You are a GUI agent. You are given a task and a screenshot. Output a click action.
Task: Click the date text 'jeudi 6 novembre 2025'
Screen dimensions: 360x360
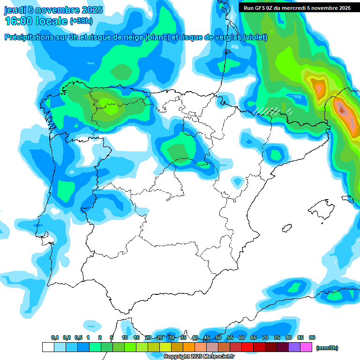coord(54,10)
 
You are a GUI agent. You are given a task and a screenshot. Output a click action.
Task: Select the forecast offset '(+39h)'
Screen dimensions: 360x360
coord(81,21)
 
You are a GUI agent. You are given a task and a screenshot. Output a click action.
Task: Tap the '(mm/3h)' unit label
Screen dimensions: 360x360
coord(327,348)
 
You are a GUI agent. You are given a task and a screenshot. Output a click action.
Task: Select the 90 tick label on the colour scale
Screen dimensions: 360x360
coord(312,337)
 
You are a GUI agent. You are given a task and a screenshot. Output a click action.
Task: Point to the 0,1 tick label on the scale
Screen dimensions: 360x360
coord(55,337)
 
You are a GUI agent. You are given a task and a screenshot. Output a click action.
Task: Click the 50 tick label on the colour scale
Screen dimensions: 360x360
coord(218,337)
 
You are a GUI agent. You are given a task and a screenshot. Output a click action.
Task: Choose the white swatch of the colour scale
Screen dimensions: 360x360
coord(48,347)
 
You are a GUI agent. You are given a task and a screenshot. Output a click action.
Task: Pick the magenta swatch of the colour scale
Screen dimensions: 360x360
coord(306,347)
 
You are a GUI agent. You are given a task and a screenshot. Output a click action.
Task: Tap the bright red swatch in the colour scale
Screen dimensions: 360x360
coord(247,347)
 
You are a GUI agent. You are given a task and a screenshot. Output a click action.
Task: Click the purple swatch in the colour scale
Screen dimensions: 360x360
coord(294,347)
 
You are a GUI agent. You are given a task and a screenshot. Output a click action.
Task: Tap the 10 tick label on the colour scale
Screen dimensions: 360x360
coord(125,337)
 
